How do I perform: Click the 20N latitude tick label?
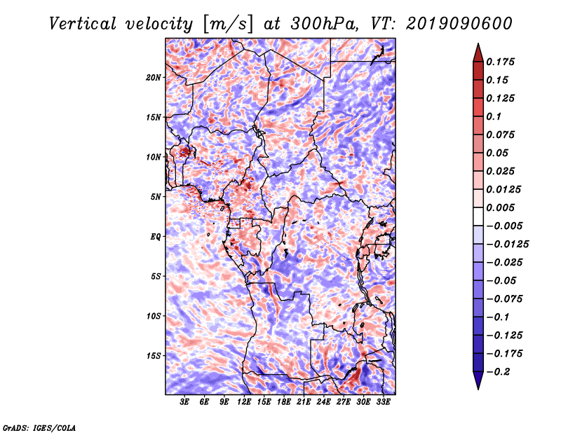[154, 77]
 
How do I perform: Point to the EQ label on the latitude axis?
[156, 237]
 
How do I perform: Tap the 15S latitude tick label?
[154, 356]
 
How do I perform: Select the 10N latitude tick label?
[154, 157]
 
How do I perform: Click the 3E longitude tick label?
[185, 403]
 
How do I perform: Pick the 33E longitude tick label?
[384, 403]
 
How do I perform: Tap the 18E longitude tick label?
[284, 403]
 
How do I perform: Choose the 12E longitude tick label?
[244, 403]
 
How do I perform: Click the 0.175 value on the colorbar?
[501, 62]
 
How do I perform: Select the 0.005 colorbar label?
[501, 207]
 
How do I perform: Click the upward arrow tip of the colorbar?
[477, 45]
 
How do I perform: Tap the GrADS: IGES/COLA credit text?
[39, 427]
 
